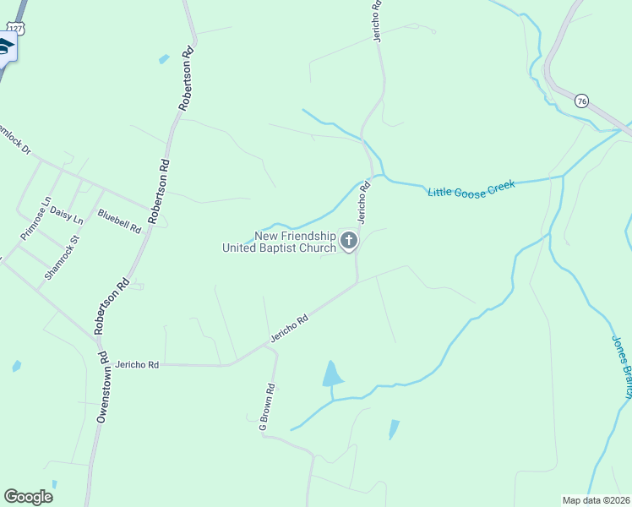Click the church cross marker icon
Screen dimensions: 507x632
(348, 243)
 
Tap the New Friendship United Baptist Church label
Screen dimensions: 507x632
(279, 243)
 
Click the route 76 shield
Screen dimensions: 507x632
(580, 101)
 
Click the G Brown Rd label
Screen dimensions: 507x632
(267, 408)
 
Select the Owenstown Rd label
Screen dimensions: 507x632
(102, 387)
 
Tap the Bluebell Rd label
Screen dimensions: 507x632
(119, 221)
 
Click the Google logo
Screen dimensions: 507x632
(28, 497)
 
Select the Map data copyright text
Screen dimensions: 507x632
(597, 500)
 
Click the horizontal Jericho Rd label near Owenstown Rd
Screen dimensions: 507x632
(138, 364)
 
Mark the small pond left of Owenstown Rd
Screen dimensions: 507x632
(16, 366)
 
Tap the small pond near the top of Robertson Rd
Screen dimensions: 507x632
(163, 59)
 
